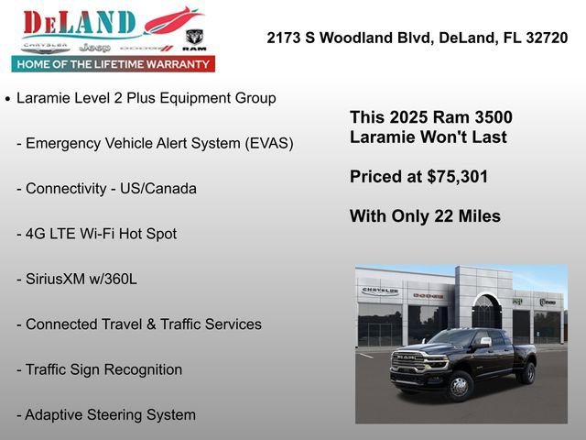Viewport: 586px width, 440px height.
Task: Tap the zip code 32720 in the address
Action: click(x=545, y=38)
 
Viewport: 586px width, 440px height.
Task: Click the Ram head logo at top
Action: click(x=194, y=38)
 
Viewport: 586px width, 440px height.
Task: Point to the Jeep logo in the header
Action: click(x=94, y=47)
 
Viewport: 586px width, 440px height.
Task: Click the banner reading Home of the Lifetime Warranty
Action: click(x=113, y=64)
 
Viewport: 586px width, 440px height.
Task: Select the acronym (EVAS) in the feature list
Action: click(x=263, y=143)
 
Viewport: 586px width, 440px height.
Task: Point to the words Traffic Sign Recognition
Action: click(x=103, y=369)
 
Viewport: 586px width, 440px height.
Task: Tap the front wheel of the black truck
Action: click(x=459, y=385)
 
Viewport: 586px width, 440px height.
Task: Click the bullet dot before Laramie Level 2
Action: click(x=8, y=98)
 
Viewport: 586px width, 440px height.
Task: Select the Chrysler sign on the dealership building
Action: click(x=380, y=291)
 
